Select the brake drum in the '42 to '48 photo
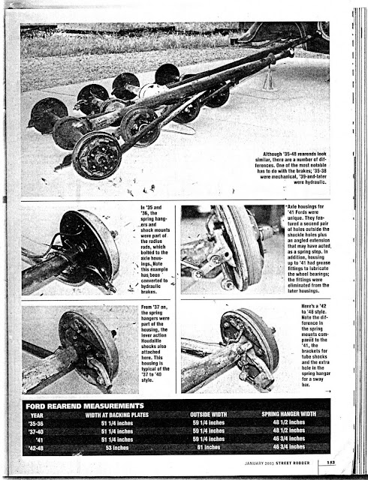tap(248, 341)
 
